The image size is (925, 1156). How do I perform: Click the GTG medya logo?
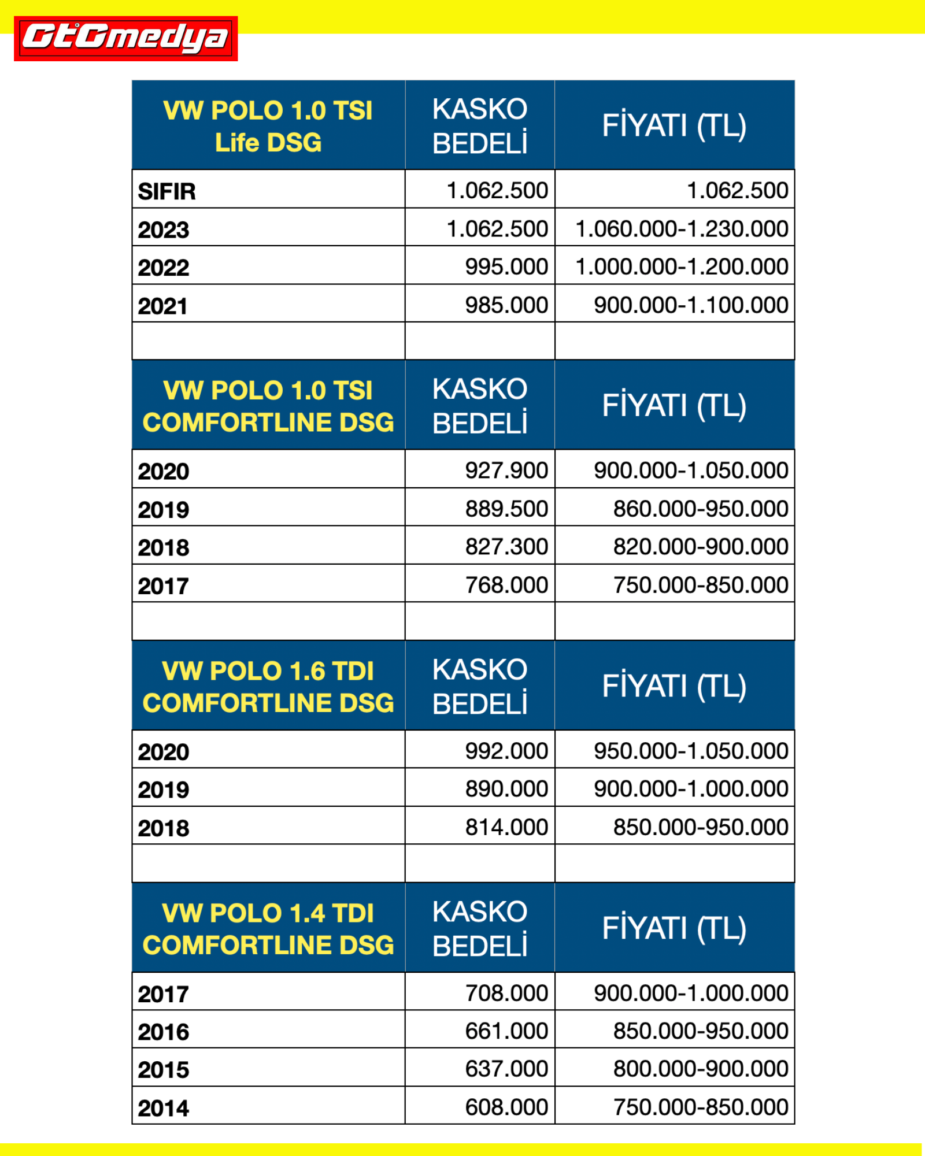click(x=125, y=38)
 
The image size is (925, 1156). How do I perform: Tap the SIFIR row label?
click(x=166, y=191)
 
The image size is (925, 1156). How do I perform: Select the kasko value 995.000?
click(x=506, y=267)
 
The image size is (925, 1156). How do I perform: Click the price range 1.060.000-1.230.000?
click(x=682, y=229)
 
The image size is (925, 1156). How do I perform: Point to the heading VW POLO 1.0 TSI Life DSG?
click(x=268, y=126)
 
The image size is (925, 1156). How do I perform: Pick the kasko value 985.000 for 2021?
click(x=506, y=305)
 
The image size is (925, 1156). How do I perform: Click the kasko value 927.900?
click(x=506, y=470)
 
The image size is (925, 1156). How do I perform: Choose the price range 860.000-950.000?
click(x=700, y=509)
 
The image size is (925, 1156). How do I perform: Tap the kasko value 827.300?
click(x=506, y=547)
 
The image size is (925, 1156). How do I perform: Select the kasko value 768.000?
click(x=506, y=585)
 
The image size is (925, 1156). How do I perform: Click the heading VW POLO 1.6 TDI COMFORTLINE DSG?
click(x=268, y=687)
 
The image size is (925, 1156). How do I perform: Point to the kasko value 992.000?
click(x=506, y=751)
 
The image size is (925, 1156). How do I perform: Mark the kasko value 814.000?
click(x=506, y=827)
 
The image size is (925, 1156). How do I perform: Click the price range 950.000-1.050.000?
click(x=691, y=751)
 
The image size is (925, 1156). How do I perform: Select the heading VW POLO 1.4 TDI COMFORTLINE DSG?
click(x=268, y=929)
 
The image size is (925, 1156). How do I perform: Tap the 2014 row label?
click(x=163, y=1108)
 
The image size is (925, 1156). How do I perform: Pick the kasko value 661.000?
click(x=506, y=1031)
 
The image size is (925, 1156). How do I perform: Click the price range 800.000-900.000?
click(x=700, y=1069)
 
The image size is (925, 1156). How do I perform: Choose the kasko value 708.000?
click(x=506, y=993)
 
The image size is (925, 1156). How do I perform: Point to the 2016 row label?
click(x=163, y=1032)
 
